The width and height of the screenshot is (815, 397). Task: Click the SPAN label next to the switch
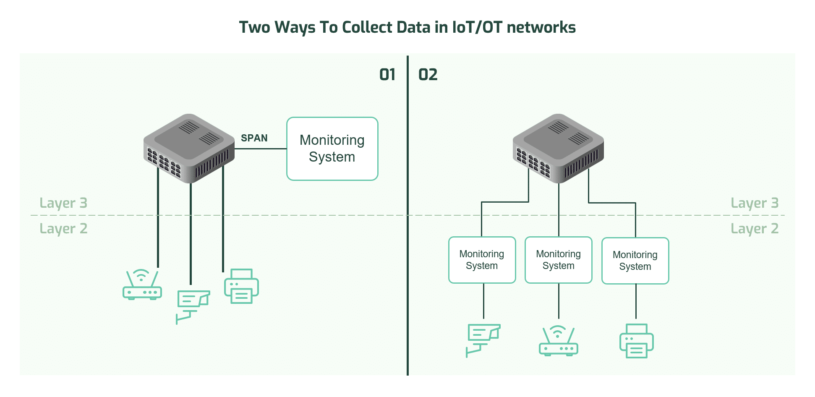click(254, 138)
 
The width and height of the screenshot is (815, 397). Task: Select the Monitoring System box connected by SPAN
click(332, 149)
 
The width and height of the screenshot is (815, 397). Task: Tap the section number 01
click(387, 75)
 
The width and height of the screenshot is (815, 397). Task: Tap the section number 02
click(428, 75)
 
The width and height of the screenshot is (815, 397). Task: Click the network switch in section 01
click(189, 148)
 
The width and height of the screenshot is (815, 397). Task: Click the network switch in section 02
click(558, 148)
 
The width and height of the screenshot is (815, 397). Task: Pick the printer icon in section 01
click(241, 286)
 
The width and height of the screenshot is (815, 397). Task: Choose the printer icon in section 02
click(637, 341)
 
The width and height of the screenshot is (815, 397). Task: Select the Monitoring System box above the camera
click(482, 260)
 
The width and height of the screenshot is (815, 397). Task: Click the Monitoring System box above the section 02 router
click(559, 260)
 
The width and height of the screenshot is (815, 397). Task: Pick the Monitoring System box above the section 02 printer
click(635, 261)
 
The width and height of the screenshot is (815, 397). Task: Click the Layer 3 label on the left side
click(63, 203)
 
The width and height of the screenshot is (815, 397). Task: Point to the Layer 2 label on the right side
click(755, 229)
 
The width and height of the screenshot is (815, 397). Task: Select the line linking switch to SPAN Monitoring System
click(261, 149)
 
